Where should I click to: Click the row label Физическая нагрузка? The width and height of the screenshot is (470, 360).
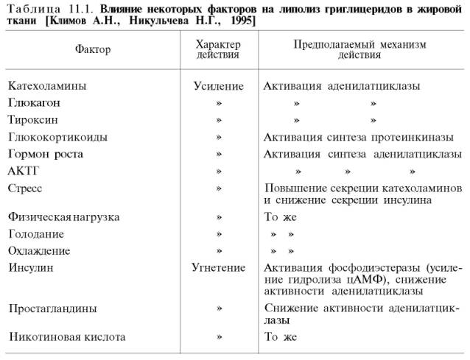(x=64, y=218)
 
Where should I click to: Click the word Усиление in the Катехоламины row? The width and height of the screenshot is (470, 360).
(x=218, y=86)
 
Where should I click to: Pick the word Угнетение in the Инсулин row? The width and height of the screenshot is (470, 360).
(x=218, y=268)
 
